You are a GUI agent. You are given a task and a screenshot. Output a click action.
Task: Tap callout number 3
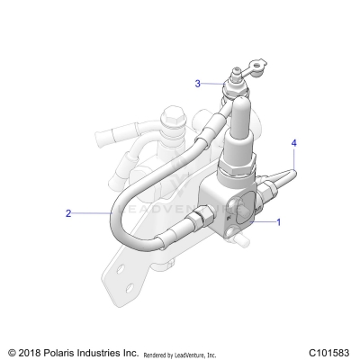[198, 84]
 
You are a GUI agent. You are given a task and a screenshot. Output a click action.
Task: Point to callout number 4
[293, 141]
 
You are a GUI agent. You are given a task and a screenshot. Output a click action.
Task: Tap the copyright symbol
[12, 351]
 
